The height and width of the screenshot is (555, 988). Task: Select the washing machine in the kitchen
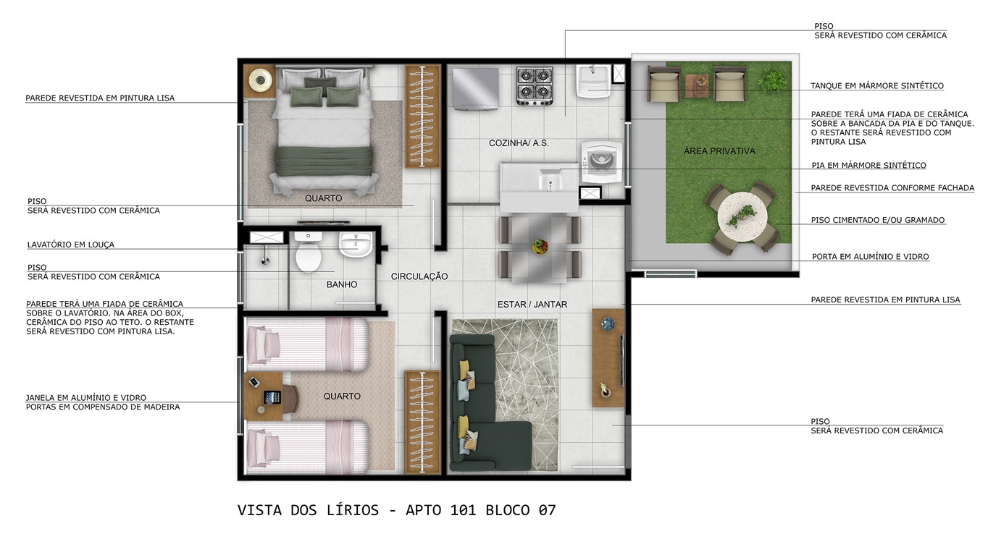coord(602,162)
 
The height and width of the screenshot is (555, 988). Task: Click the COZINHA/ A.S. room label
coord(519,143)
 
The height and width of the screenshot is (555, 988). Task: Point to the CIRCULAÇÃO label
coord(419,276)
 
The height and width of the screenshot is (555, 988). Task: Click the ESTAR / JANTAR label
coord(532,305)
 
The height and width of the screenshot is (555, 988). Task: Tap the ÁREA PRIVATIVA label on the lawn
coord(719,151)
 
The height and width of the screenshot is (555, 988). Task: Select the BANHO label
coord(342,284)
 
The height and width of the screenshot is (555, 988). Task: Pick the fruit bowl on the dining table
coord(540,246)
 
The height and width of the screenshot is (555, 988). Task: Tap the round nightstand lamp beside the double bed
coord(260,80)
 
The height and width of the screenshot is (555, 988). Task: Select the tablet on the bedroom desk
coord(269,397)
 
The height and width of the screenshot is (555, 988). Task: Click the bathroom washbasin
coord(356,245)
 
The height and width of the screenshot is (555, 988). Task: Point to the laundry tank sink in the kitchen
coord(594,81)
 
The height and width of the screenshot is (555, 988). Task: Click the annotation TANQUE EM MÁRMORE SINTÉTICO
coord(877,86)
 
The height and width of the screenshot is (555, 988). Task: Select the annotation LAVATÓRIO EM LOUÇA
coord(70,245)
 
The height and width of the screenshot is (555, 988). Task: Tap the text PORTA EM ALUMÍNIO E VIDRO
coord(870,256)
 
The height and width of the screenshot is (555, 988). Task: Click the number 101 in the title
coord(463,510)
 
